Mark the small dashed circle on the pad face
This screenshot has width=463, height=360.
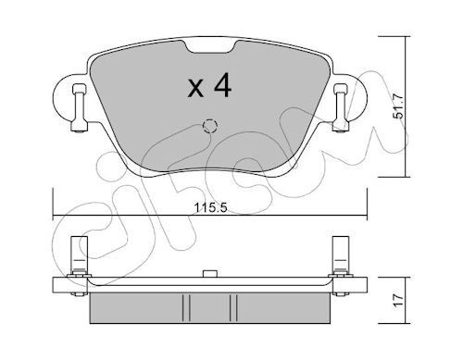(209, 126)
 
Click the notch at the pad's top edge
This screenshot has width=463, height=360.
(206, 46)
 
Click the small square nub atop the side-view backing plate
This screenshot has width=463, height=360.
(209, 274)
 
